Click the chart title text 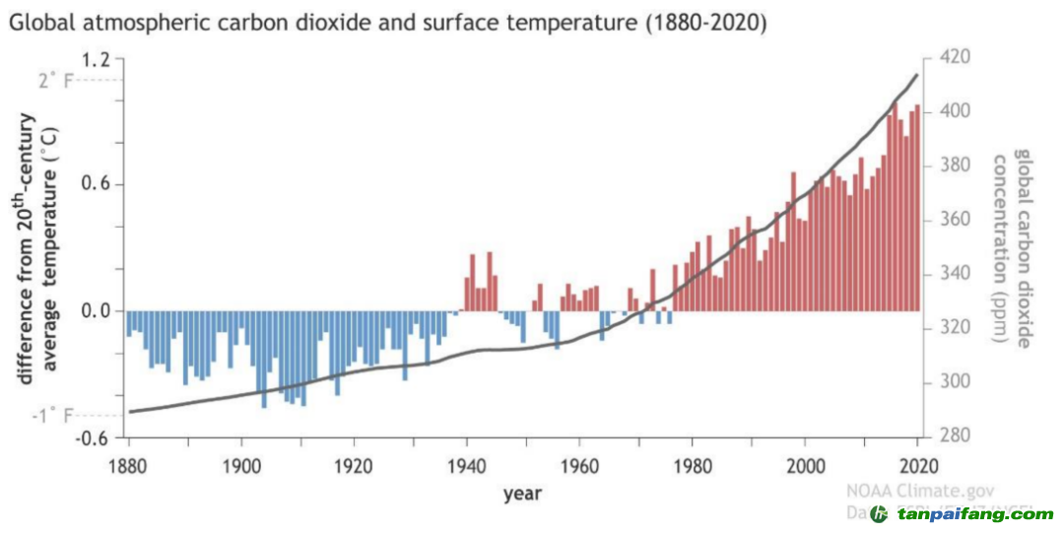click(x=387, y=22)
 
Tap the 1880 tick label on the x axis click(x=128, y=465)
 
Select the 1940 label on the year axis click(x=467, y=465)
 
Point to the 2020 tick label click(x=919, y=465)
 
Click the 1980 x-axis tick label click(x=693, y=465)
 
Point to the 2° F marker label click(x=55, y=81)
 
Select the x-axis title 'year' click(x=521, y=494)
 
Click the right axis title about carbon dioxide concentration click(x=1013, y=247)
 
